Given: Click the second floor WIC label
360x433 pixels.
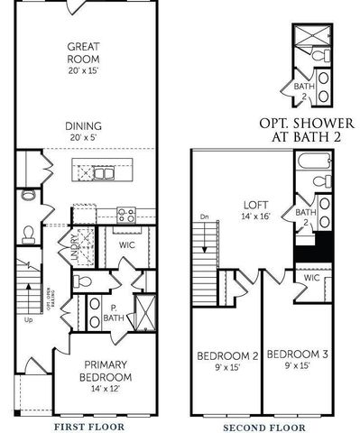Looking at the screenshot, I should tap(312, 278).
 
